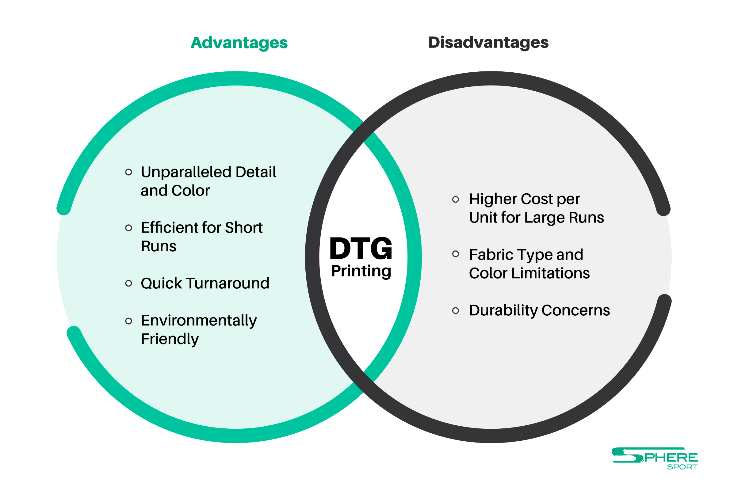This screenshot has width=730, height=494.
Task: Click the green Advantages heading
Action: (239, 43)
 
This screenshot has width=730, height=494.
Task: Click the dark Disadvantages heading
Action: (488, 42)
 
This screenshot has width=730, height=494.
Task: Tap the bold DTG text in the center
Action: (361, 249)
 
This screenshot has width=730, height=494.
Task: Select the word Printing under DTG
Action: (361, 271)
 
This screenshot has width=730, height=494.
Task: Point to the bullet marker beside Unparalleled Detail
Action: (128, 172)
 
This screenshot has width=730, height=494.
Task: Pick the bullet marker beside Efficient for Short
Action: (128, 228)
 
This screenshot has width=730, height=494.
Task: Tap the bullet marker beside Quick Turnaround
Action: (128, 283)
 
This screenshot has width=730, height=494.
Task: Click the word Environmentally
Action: (199, 321)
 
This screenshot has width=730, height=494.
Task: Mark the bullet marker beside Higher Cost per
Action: (456, 199)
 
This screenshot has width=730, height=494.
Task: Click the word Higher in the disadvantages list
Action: (492, 199)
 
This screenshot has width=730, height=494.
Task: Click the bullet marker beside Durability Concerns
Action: (456, 311)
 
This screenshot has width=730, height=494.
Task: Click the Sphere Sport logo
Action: (655, 459)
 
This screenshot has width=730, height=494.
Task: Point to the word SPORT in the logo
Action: (682, 467)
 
